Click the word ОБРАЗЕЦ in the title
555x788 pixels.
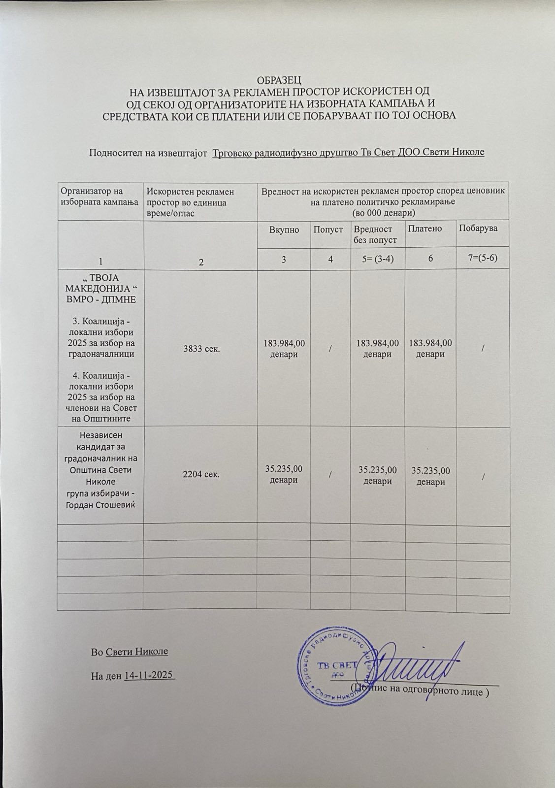coord(279,80)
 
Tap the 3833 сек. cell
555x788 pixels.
coord(200,349)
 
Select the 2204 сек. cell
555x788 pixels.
coord(200,475)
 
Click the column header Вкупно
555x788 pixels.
coord(284,230)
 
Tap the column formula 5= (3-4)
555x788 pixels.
coord(377,259)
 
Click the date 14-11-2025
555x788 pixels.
coord(150,675)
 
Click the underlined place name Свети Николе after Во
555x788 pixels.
coord(136,652)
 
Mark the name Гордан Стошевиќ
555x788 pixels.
coord(100,505)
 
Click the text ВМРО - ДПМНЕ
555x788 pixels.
coord(100,300)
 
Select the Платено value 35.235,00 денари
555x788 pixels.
coord(430,476)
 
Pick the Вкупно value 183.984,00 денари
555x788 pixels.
coord(284,349)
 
